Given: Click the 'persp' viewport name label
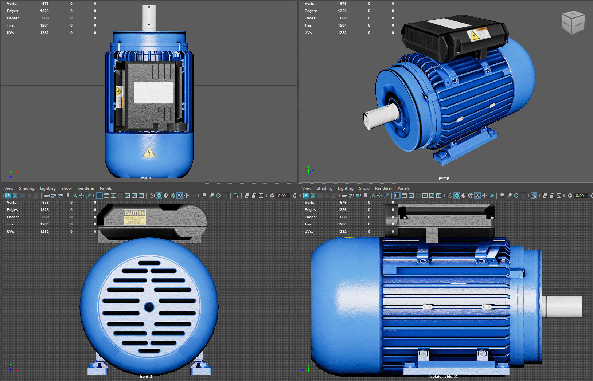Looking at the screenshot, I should (444, 178).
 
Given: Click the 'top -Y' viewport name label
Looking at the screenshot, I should (146, 178).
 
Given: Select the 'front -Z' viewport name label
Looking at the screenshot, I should (146, 376).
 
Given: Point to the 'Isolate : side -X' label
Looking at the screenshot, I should (443, 376).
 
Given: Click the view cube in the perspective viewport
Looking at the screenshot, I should (573, 23).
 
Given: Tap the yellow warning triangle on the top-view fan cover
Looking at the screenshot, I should (149, 152).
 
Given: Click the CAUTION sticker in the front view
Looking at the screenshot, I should (134, 217).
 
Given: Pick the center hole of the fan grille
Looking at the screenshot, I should (149, 307).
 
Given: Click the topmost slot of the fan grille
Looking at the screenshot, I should (149, 263).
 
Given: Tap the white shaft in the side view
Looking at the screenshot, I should (563, 306).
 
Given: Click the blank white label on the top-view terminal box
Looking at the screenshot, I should (154, 93).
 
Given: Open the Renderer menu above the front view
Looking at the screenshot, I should (86, 188).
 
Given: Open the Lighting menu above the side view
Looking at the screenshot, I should (345, 188).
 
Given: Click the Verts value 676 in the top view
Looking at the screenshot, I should (45, 4).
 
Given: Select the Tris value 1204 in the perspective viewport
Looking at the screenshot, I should (342, 25).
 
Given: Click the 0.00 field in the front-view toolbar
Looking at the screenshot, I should (282, 196).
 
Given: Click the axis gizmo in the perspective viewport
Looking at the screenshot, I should (308, 169).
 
